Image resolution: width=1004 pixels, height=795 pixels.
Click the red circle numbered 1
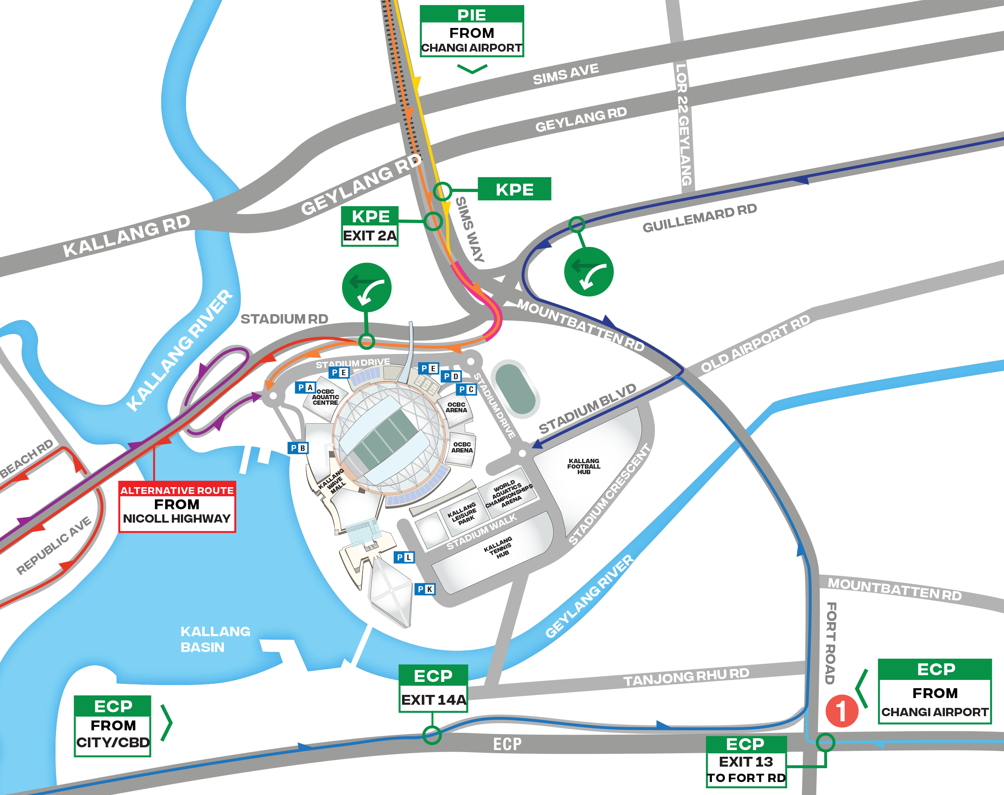click(842, 711)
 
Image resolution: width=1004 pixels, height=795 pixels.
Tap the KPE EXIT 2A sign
click(370, 226)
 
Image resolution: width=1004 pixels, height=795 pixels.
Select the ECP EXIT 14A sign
click(433, 688)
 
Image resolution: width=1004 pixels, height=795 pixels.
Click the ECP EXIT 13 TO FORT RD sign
click(746, 761)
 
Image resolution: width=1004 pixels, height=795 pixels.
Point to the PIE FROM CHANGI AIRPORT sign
click(471, 31)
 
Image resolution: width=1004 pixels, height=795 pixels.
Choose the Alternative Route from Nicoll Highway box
click(177, 506)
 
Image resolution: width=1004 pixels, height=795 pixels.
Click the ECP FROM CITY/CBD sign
click(113, 726)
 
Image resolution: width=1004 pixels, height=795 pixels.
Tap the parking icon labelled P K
click(425, 589)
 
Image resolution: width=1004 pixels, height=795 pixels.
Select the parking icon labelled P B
click(298, 448)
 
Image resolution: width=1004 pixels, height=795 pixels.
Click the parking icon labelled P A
click(305, 387)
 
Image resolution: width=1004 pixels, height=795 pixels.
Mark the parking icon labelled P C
click(466, 389)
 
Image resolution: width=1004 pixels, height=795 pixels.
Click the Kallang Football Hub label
click(584, 466)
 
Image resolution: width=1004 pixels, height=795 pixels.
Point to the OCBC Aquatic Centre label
click(325, 397)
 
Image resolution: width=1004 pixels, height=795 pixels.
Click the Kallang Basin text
click(215, 639)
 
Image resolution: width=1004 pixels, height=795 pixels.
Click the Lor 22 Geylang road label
click(683, 125)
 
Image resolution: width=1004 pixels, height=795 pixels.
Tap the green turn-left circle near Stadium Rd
click(366, 287)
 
